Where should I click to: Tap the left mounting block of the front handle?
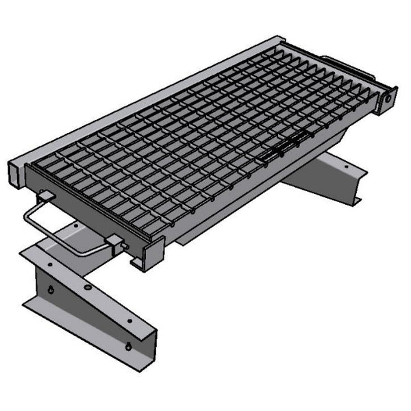[x=45, y=196]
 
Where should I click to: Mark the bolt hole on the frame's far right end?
[x=388, y=98]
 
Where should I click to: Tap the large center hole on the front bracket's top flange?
[x=87, y=286]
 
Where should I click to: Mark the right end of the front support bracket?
[x=147, y=349]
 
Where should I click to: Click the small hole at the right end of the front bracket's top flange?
[x=128, y=320]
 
